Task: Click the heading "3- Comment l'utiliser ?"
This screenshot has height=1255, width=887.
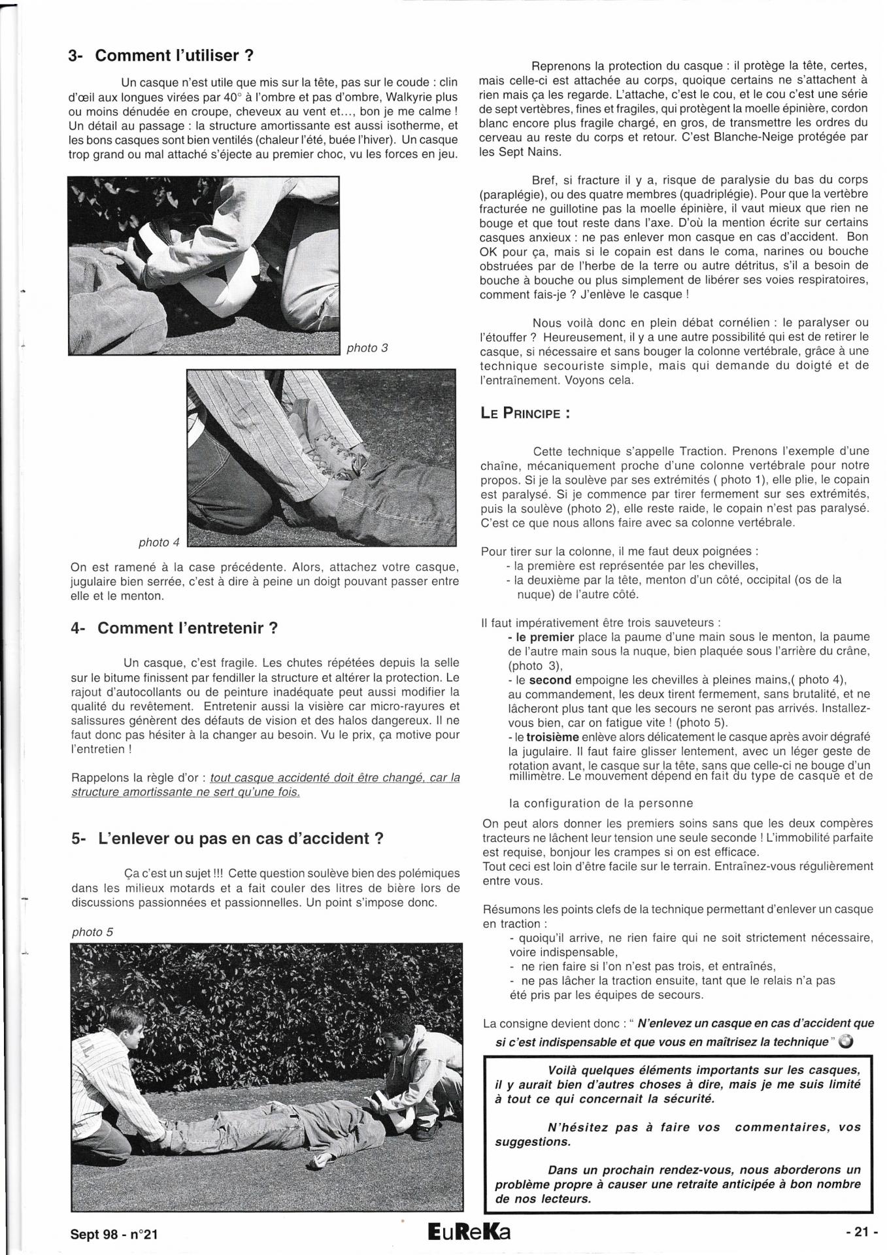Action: pyautogui.click(x=161, y=56)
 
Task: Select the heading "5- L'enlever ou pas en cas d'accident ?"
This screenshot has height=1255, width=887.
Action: pyautogui.click(x=227, y=839)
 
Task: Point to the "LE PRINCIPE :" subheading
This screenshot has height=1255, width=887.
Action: pyautogui.click(x=525, y=414)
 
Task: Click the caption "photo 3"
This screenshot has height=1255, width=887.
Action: pyautogui.click(x=367, y=348)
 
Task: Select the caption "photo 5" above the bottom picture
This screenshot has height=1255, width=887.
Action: pyautogui.click(x=92, y=932)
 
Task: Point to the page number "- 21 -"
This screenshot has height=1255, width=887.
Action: pyautogui.click(x=861, y=1232)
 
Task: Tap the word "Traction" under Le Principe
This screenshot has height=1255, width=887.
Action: pyautogui.click(x=707, y=451)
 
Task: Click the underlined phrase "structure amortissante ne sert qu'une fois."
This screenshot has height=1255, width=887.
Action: pyautogui.click(x=186, y=792)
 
